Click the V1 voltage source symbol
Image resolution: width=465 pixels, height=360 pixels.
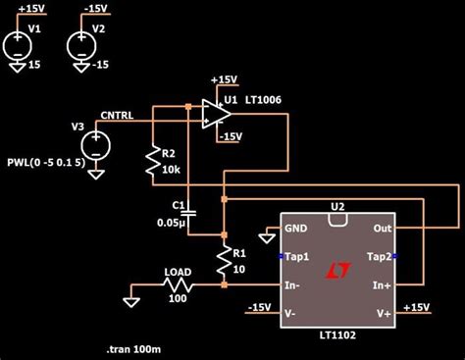click(18, 46)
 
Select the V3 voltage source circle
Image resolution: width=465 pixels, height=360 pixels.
click(96, 145)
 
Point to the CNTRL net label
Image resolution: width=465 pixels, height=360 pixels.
click(117, 115)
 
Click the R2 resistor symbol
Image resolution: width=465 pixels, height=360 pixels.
click(153, 163)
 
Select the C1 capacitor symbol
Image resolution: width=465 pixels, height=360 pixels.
click(190, 211)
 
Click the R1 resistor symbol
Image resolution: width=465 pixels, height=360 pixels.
click(224, 260)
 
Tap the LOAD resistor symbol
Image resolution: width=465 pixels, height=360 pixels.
click(180, 285)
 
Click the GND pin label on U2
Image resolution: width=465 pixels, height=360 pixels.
click(296, 228)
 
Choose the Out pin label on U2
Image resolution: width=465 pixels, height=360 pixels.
click(382, 228)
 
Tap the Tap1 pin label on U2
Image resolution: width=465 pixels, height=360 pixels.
click(298, 256)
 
